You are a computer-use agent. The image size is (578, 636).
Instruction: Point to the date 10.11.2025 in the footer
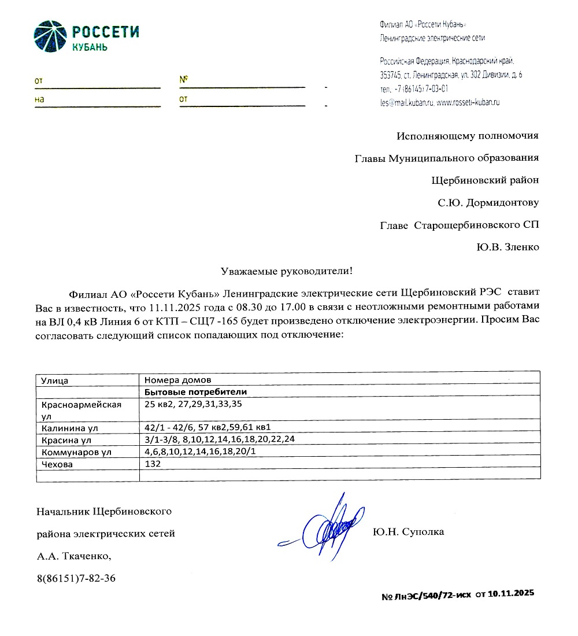tap(511, 594)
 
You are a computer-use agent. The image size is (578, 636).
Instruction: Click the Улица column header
tap(55, 380)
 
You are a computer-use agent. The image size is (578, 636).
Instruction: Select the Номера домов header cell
tap(178, 380)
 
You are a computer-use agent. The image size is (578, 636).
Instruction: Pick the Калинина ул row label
tap(70, 428)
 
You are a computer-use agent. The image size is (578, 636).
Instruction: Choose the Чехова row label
tap(57, 464)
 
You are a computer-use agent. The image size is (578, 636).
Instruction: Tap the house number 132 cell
tap(153, 464)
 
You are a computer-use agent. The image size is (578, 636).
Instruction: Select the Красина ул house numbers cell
tap(220, 440)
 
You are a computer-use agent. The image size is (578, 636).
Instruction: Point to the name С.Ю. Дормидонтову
tap(488, 203)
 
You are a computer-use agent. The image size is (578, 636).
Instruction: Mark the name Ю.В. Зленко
tap(507, 247)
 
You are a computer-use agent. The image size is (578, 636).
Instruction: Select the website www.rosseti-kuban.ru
tap(468, 102)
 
